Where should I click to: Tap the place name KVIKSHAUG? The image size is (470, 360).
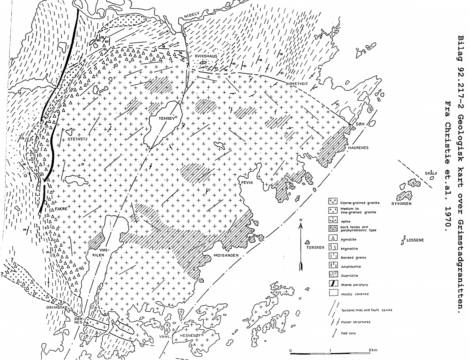[x=206, y=56]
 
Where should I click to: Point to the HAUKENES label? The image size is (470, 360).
[x=358, y=148]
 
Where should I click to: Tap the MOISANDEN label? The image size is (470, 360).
[x=226, y=255]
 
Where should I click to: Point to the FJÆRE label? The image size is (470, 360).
[x=61, y=209]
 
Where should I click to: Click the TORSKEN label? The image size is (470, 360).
[x=315, y=247]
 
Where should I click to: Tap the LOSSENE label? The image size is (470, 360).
[x=415, y=240]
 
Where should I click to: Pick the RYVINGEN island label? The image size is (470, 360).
[x=401, y=204]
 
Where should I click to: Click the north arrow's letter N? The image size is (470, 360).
[x=301, y=220]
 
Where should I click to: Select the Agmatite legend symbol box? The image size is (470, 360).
[x=333, y=239]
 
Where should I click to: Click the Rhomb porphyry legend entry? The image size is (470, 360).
[x=354, y=285]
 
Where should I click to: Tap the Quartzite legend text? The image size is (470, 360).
[x=349, y=275]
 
